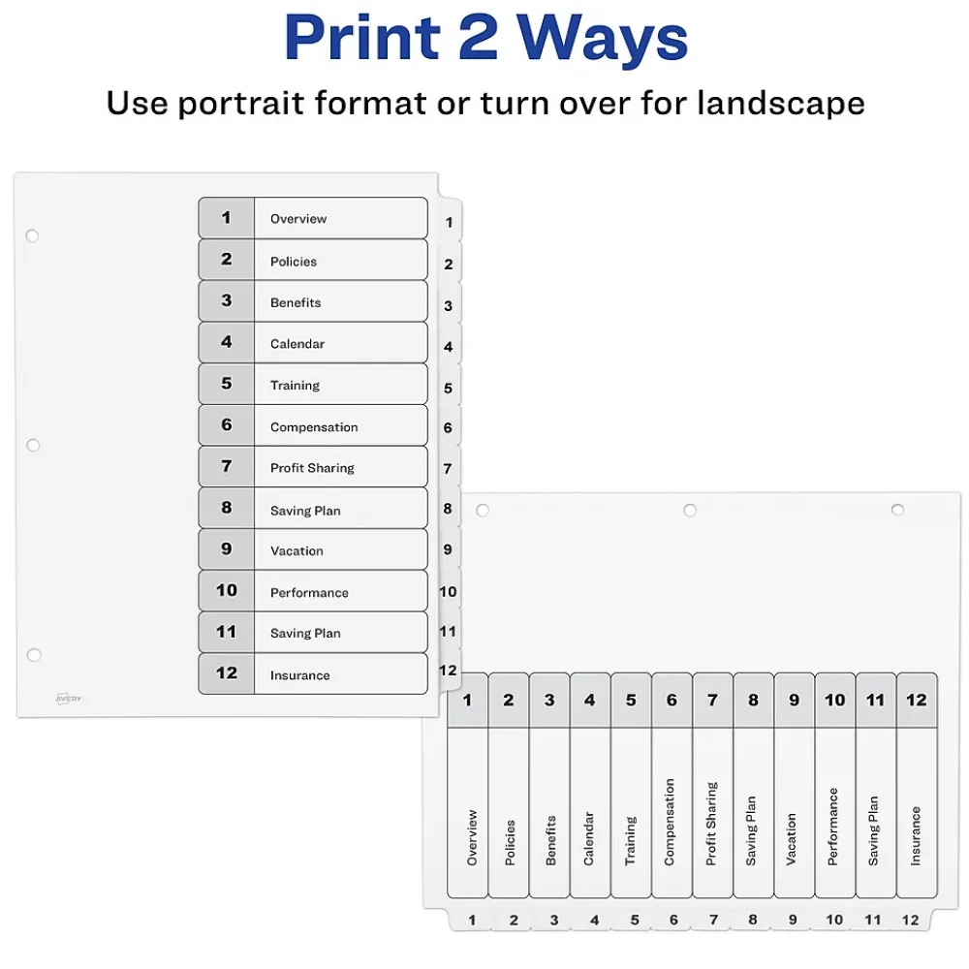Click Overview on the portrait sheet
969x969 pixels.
coord(298,219)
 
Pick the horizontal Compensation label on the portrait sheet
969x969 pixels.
coord(314,427)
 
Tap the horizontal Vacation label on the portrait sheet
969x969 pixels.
coord(297,551)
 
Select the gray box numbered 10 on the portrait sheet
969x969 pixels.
coord(227,591)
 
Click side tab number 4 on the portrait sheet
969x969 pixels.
coord(449,347)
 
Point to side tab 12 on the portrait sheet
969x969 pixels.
coord(448,671)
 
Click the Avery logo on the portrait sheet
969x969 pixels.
coord(69,698)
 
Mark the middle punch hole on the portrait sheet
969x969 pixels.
coord(33,446)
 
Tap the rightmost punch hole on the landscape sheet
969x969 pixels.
coord(897,510)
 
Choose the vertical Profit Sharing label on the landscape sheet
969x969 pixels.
coord(712,824)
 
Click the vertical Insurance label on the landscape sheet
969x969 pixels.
coord(916,835)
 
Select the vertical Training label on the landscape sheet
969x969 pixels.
coord(631,840)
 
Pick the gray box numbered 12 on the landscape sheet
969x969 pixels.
coord(917,701)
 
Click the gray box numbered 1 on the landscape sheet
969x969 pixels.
coord(467,701)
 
